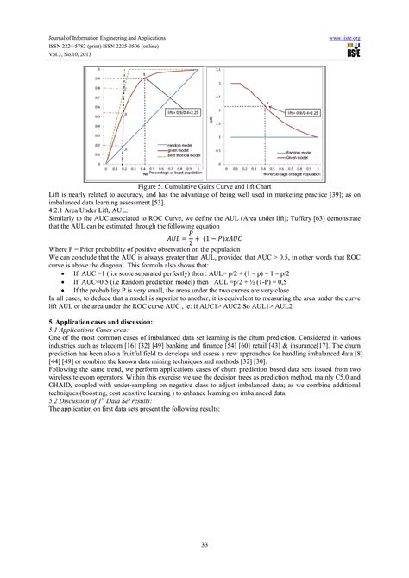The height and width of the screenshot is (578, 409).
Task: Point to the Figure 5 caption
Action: [x=204, y=179]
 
